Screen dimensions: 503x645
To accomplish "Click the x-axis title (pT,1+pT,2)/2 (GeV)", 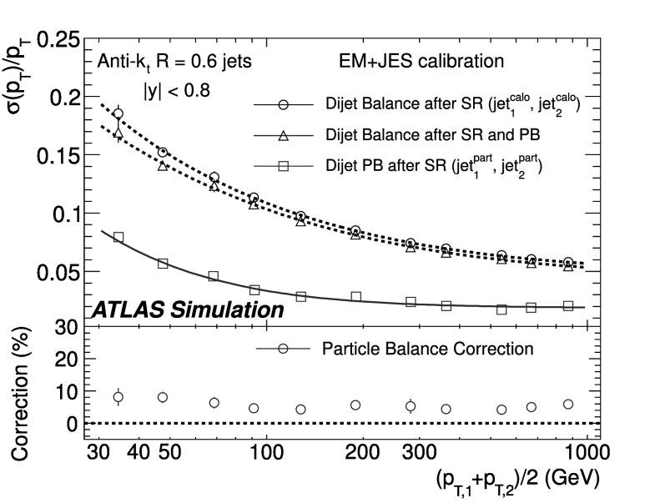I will click(x=516, y=480).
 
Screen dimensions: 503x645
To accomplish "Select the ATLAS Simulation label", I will click(x=187, y=309).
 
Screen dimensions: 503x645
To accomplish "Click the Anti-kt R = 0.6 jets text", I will click(x=174, y=61).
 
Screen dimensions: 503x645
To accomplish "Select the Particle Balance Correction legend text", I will click(x=427, y=349).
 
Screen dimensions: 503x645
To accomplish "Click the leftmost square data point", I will click(x=118, y=238).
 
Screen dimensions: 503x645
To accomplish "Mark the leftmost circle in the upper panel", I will click(x=118, y=113).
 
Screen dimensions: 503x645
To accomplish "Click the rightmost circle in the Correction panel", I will click(x=568, y=404).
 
